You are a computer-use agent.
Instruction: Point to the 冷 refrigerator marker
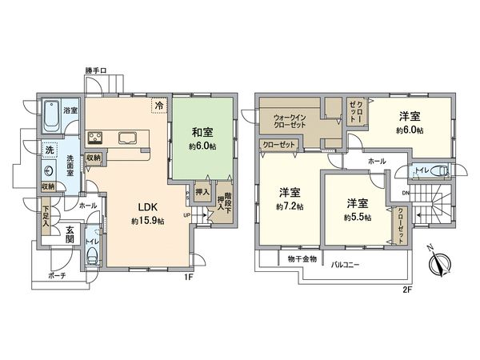pos(159,105)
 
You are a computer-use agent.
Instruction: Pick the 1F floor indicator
pos(190,278)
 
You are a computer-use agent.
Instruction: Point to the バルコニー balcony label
pos(345,263)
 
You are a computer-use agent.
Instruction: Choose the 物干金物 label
pos(302,259)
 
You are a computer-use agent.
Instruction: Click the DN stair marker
pos(406,192)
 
